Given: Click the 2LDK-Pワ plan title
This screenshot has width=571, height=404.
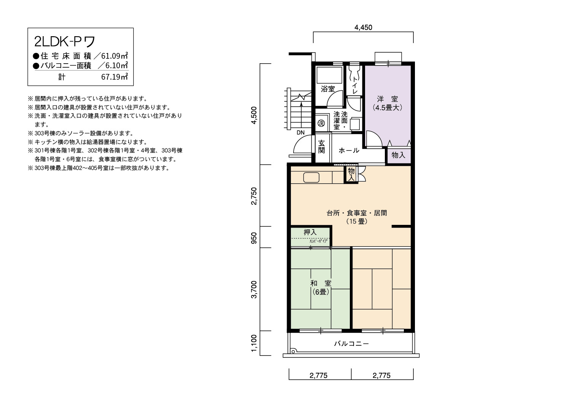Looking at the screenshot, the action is pos(64,42).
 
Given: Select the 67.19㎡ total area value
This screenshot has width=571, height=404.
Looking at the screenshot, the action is pos(115,77).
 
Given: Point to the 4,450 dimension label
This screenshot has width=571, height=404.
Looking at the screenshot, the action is pos(363,27).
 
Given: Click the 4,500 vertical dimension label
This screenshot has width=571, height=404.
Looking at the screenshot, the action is pos(254,115).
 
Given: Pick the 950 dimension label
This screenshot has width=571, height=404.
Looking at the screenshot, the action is pos(254,238).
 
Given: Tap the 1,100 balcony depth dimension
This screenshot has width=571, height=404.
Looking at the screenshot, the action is pos(254,343).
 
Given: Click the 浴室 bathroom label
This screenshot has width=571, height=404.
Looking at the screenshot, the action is pos(328,89).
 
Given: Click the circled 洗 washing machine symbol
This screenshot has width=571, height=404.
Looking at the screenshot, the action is pos(321,123).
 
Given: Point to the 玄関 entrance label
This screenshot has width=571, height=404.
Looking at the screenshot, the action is pos(321,147).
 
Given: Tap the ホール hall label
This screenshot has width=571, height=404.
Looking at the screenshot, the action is pos(349,150).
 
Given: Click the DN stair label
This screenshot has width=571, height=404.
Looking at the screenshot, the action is pos(301,133).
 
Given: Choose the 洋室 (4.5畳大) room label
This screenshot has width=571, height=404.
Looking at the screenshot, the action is pos(388,103).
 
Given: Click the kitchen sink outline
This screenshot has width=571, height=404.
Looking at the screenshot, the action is pos(311,178).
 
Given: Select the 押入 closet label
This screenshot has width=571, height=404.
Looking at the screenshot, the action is pos(310,232).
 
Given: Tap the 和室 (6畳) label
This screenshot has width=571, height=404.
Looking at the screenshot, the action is pos(321,287).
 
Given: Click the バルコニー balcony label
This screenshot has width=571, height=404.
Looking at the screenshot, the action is pos(351,343).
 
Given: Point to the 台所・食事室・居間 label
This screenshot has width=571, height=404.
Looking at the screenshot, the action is pos(357,213).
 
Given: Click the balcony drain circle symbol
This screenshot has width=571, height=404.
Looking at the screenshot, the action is pos(293,352).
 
